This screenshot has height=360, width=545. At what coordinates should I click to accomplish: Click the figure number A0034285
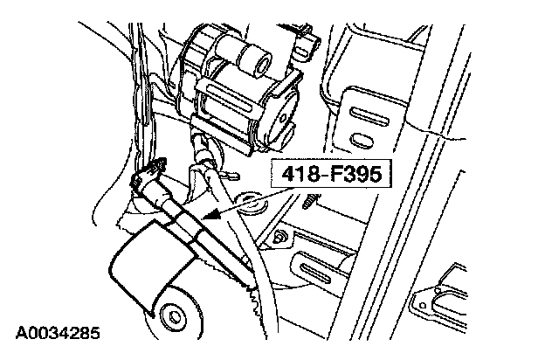point(57,333)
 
